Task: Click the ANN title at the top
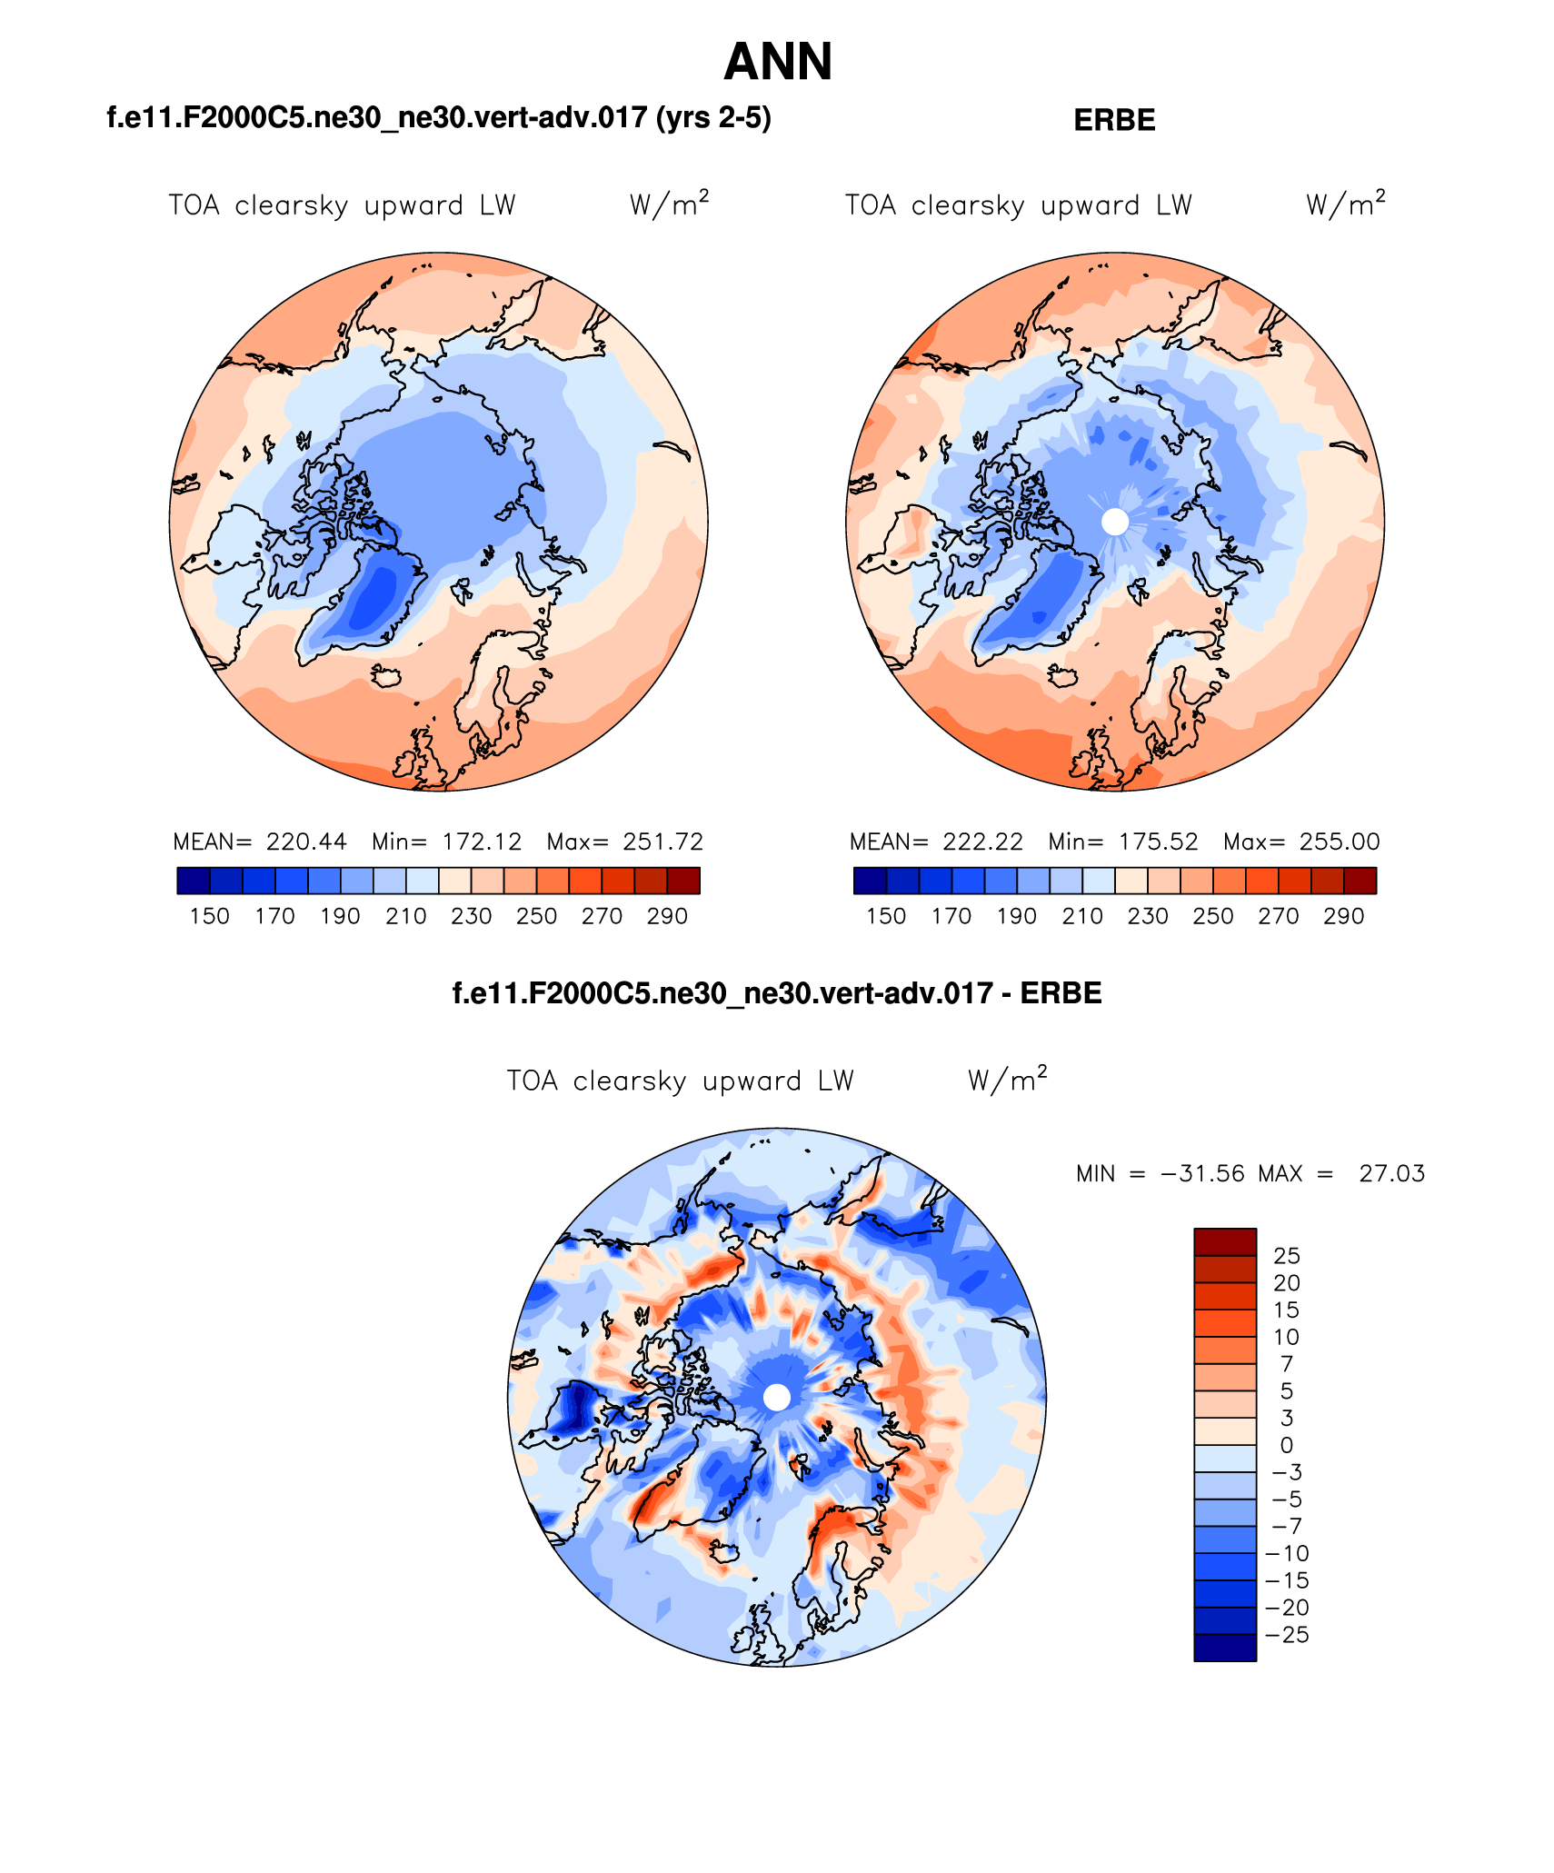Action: tap(778, 62)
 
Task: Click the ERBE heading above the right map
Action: tap(1114, 120)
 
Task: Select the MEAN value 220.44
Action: tap(306, 842)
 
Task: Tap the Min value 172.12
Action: tap(482, 842)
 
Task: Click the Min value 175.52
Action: tap(1158, 842)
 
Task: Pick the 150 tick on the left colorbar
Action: tap(209, 916)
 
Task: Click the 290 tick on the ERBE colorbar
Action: tap(1343, 916)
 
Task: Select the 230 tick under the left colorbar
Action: tap(471, 916)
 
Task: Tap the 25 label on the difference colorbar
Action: tap(1287, 1256)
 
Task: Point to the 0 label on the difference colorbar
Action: tap(1287, 1445)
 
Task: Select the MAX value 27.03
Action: tap(1391, 1173)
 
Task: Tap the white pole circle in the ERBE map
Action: tap(1115, 522)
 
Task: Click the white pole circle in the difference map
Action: tap(777, 1397)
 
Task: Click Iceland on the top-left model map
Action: tap(387, 676)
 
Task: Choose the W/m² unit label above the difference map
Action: tap(1007, 1080)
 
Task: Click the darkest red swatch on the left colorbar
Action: tap(683, 881)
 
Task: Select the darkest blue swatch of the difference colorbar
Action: tap(1225, 1648)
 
